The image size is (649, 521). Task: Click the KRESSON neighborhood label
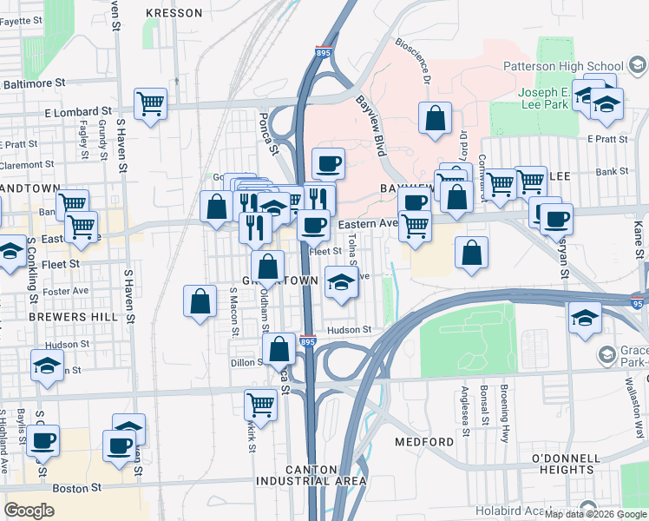(174, 13)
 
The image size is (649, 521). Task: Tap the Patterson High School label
(563, 66)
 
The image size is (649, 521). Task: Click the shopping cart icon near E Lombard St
(151, 104)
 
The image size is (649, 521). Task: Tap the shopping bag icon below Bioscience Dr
(435, 118)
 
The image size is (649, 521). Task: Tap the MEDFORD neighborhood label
(424, 442)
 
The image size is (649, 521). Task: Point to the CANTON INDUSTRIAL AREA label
(311, 475)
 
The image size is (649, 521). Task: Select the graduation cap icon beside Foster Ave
(341, 282)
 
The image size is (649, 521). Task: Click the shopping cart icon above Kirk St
(261, 404)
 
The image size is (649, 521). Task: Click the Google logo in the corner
(29, 511)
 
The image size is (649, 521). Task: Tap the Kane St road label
(639, 240)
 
